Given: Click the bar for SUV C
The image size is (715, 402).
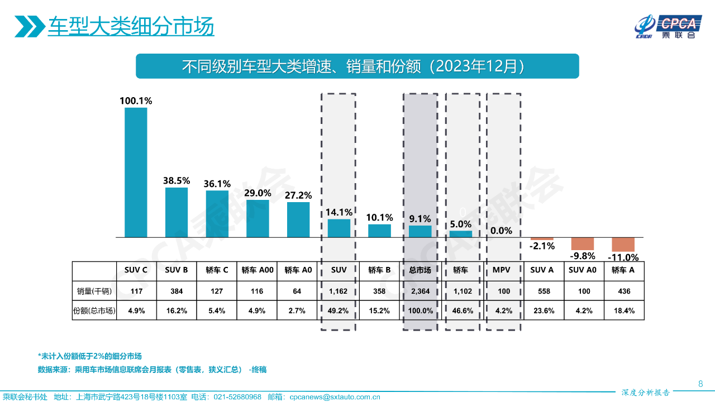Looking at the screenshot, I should pos(136,173).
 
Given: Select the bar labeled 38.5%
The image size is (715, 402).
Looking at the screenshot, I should pos(177,213).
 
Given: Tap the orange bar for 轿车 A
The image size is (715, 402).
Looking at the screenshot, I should pos(623,245).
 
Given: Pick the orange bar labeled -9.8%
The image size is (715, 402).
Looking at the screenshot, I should pos(583,243).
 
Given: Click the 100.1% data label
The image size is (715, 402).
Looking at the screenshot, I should pos(136,101).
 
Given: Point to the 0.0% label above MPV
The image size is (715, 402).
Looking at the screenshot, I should pos(501,231).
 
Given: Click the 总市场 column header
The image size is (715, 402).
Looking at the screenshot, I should pos(420,270).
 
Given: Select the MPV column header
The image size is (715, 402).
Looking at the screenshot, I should pos(501,270).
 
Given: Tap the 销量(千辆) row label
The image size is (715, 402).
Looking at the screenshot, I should pos(94,291).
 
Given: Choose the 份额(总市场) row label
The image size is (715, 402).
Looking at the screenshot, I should pos(94,311).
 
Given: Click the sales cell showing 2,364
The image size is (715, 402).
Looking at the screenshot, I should pos(420,291).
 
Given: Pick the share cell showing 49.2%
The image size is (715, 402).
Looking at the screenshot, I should pos(339,311).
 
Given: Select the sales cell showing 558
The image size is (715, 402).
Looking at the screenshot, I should pos(542,291).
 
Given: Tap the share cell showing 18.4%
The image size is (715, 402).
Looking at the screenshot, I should pos(623,311).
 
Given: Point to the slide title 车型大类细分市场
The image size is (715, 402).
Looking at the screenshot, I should pos(131,27).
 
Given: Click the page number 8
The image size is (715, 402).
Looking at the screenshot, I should pos(700,384).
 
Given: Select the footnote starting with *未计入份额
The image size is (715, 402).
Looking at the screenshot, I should pos(89,356).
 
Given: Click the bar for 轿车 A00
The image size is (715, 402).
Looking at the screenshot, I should pos(258,219).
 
